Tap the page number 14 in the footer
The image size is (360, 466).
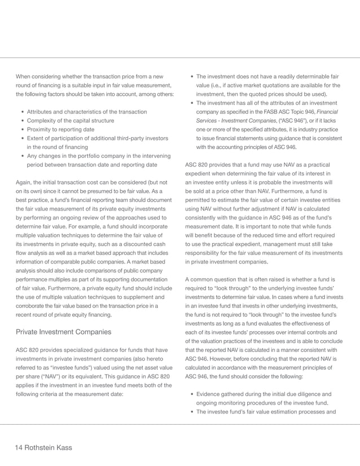[20, 447]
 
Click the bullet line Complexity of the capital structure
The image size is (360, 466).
[70, 121]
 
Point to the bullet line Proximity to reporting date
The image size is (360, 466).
[61, 130]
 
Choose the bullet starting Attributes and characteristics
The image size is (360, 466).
[87, 112]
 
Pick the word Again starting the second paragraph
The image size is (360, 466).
[24, 182]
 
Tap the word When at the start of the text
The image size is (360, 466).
[24, 76]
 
